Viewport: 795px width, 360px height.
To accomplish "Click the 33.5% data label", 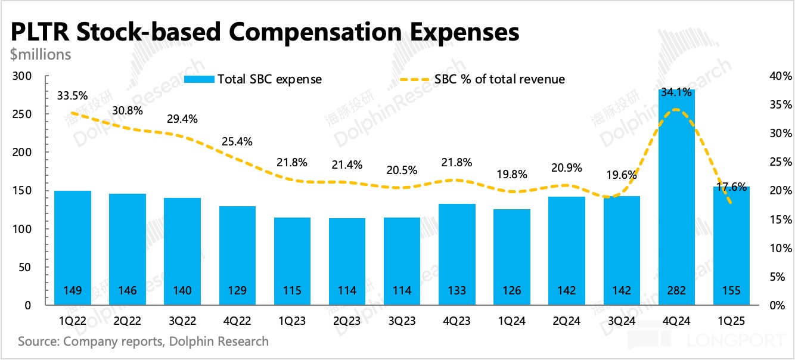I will pos(73,95).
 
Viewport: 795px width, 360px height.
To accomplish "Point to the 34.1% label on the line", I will pos(676,92).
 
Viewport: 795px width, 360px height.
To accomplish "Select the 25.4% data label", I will pos(238,142).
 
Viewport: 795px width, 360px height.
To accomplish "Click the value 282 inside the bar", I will pos(676,291).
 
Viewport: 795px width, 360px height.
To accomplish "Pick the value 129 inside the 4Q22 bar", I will pos(238,291).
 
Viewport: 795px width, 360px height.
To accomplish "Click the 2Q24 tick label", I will pos(566,321).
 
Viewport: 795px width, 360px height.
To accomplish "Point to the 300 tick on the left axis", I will pos(22,76).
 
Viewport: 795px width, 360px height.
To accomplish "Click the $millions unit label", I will pos(41,55).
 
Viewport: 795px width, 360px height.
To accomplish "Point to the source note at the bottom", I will pos(143,342).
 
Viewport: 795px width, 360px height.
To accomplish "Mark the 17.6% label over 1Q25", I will pos(731,187).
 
